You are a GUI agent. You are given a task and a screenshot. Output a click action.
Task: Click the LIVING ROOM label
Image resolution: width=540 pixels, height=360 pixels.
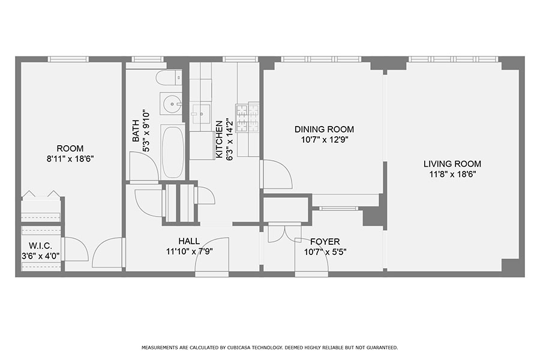point(452,164)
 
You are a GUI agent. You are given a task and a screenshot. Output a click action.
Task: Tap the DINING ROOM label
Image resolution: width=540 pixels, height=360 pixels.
point(324,129)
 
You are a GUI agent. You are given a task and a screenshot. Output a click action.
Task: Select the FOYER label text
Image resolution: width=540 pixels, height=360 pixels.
point(325,241)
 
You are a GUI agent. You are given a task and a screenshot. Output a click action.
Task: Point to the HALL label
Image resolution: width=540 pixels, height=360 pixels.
point(189,241)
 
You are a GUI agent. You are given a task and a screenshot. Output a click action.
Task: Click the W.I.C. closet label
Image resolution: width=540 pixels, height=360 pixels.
point(40,246)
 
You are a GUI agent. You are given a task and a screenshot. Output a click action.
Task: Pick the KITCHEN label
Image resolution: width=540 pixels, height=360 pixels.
point(219,139)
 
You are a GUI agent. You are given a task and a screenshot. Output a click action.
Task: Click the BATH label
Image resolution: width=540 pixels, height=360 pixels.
point(136,131)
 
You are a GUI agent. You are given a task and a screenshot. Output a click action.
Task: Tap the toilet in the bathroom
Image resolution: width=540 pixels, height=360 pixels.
point(169,77)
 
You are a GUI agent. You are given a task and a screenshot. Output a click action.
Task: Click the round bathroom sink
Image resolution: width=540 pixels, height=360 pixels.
point(171,103)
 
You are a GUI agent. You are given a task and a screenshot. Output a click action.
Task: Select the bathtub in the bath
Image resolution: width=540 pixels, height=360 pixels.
point(173,152)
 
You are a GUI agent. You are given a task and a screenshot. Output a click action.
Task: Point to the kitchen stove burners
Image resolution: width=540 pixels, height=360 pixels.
point(247,117)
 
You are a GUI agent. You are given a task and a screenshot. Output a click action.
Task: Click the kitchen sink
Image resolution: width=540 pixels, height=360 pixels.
point(201,113)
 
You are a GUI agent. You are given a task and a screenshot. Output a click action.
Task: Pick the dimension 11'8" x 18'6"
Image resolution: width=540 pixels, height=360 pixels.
point(452,175)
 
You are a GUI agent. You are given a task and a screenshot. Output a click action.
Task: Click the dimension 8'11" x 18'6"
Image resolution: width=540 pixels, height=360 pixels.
point(70,159)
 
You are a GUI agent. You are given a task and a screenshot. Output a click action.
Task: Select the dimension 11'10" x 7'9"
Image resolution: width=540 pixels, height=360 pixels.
point(189,252)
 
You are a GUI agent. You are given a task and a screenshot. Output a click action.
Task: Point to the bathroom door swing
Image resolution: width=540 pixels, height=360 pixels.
point(144,166)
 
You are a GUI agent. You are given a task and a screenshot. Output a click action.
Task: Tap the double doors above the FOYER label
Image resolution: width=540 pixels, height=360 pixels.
point(284,232)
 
